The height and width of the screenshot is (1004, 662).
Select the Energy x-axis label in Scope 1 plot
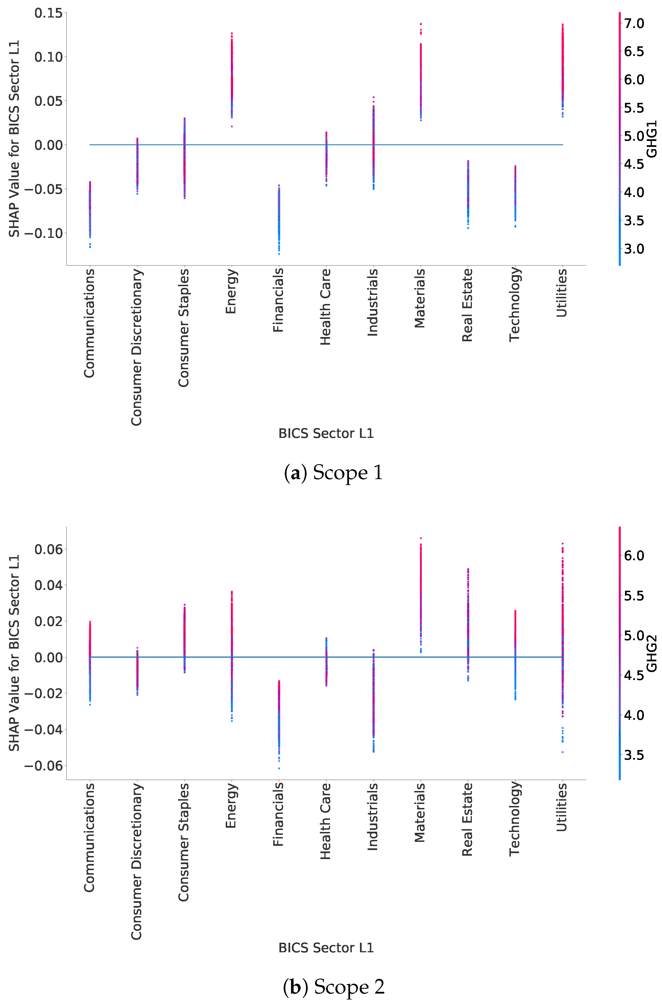231,291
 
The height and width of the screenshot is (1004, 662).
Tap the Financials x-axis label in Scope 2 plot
278,814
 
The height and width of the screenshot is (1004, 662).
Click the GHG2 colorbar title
652,653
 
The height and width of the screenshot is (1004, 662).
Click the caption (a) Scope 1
333,473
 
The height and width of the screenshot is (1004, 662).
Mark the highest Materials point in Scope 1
421,24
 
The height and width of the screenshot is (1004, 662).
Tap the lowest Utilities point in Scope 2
562,752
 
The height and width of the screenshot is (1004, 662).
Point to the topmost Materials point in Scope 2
421,538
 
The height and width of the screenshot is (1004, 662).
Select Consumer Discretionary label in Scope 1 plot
136,347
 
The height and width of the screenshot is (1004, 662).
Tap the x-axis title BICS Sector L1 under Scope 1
326,433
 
